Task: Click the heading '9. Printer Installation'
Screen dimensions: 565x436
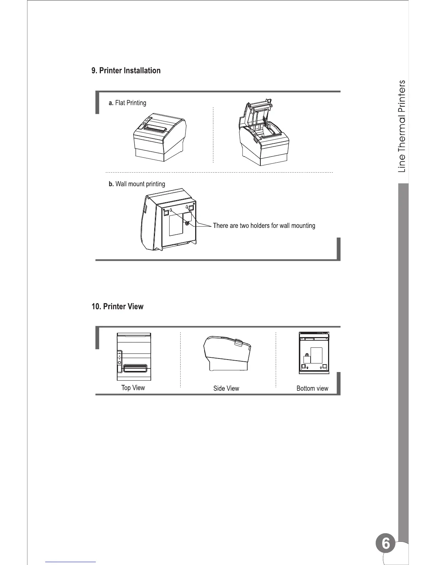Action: tap(126, 71)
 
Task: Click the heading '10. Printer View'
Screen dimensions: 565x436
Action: tap(118, 307)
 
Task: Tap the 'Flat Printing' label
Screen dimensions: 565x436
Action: tap(130, 103)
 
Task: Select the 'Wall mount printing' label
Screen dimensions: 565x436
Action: tap(140, 184)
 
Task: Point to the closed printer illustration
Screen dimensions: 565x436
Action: tap(160, 137)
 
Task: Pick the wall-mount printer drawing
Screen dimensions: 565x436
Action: tap(168, 222)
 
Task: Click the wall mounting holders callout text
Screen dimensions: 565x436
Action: tap(264, 226)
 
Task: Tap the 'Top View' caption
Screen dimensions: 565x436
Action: tap(133, 388)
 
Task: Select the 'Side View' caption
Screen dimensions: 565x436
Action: tap(226, 388)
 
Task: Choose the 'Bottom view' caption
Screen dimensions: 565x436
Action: tap(312, 388)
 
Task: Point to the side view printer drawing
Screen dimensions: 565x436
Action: tap(227, 354)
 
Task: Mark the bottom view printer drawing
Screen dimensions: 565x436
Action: tap(313, 353)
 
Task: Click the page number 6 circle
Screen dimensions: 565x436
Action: tap(385, 544)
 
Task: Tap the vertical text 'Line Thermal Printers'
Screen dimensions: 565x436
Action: tap(401, 126)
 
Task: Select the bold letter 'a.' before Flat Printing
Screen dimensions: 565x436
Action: tap(111, 103)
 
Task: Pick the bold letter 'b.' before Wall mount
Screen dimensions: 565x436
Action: tap(111, 184)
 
